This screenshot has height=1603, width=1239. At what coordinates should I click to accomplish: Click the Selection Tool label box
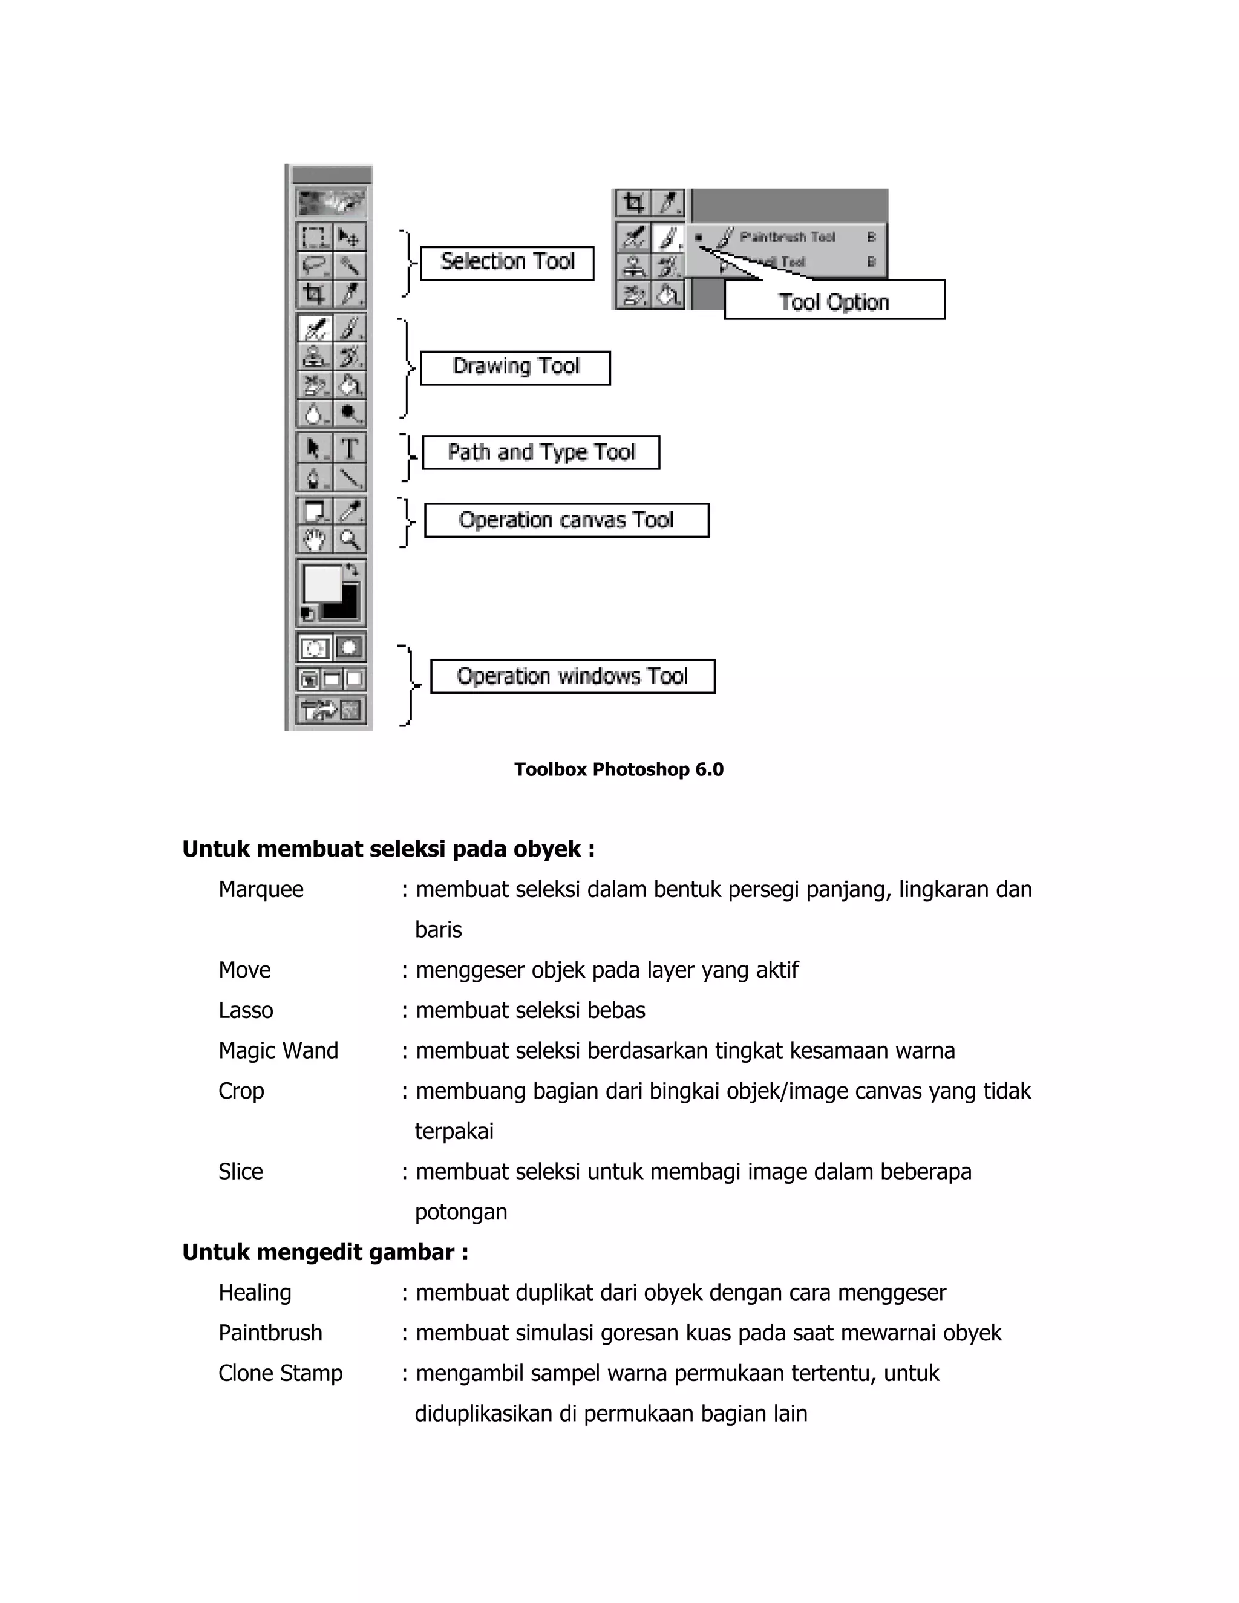(x=506, y=263)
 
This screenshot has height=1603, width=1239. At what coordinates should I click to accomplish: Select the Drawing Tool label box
(x=515, y=368)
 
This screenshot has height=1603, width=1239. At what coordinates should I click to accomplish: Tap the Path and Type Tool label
(x=541, y=452)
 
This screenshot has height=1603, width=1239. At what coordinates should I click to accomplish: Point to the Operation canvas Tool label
(x=566, y=520)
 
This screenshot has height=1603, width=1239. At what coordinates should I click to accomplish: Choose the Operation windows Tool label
(x=572, y=676)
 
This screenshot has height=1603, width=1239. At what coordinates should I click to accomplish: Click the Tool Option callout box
(x=834, y=301)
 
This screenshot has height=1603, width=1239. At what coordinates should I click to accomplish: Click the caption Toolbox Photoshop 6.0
(x=619, y=769)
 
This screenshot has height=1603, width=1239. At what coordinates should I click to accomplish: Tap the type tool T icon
(x=350, y=448)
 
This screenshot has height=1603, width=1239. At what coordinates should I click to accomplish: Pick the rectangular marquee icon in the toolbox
(x=314, y=237)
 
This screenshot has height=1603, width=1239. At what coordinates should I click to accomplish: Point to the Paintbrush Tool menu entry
(x=787, y=237)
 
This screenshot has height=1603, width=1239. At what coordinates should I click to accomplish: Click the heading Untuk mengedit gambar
(x=325, y=1252)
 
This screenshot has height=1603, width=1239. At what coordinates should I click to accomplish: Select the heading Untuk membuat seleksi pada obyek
(x=388, y=849)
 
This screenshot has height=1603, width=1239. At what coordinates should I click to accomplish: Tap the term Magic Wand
(x=278, y=1050)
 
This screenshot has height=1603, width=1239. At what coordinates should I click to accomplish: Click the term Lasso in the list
(x=246, y=1010)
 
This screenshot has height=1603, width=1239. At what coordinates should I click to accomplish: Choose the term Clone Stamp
(x=280, y=1373)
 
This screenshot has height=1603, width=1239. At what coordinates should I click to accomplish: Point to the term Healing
(x=255, y=1292)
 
